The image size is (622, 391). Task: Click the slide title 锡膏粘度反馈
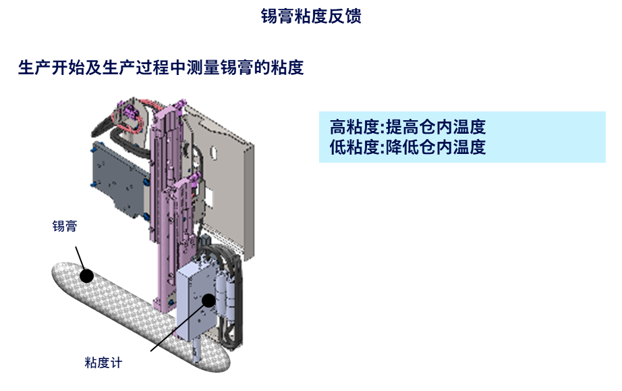[311, 16]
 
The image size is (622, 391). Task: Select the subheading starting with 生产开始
[161, 68]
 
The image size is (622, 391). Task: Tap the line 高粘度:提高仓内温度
[407, 127]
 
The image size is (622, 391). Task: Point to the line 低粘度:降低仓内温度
[407, 147]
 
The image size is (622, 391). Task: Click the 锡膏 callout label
[65, 226]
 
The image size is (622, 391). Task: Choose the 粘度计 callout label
[103, 363]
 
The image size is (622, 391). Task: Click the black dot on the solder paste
[86, 276]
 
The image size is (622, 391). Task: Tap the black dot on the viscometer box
[208, 301]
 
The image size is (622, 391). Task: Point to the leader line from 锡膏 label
[80, 258]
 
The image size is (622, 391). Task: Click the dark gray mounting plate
[118, 179]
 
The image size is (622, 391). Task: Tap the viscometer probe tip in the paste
[196, 357]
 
